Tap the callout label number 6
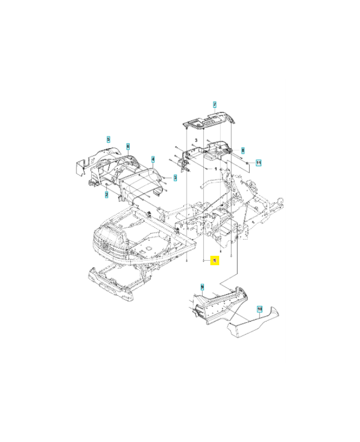click(128, 146)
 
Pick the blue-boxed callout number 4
click(153, 159)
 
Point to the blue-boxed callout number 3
click(175, 177)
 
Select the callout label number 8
click(242, 151)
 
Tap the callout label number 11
click(258, 162)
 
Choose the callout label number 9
click(202, 287)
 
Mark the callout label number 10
click(259, 309)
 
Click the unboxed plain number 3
click(195, 141)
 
